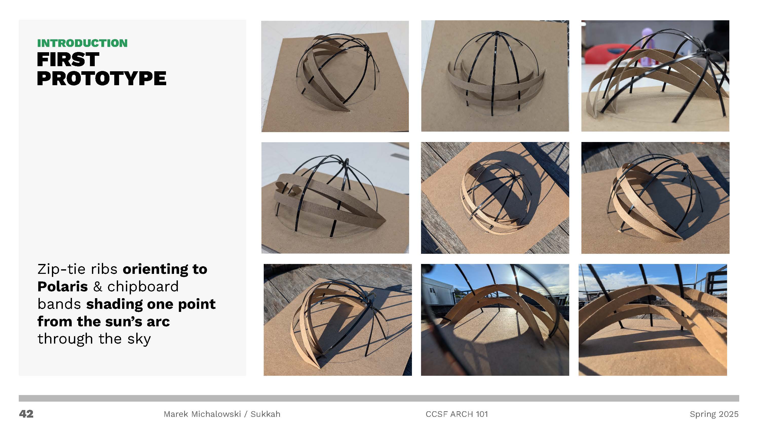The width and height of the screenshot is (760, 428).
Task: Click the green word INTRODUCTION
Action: click(x=82, y=43)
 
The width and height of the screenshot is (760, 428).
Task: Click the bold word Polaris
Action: click(x=63, y=286)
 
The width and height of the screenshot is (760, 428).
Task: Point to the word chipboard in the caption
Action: click(x=143, y=286)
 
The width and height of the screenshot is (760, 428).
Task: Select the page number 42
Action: click(x=26, y=414)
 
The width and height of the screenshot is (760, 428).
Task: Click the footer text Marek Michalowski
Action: click(x=202, y=414)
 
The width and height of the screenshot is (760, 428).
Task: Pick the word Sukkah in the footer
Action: click(x=265, y=414)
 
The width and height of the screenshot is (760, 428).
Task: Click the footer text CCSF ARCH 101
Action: click(x=457, y=414)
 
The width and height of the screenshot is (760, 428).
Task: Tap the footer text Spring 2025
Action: click(x=714, y=414)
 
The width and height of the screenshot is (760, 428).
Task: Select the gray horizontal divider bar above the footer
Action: click(x=379, y=398)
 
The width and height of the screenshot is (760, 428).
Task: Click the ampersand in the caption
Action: click(x=98, y=286)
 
